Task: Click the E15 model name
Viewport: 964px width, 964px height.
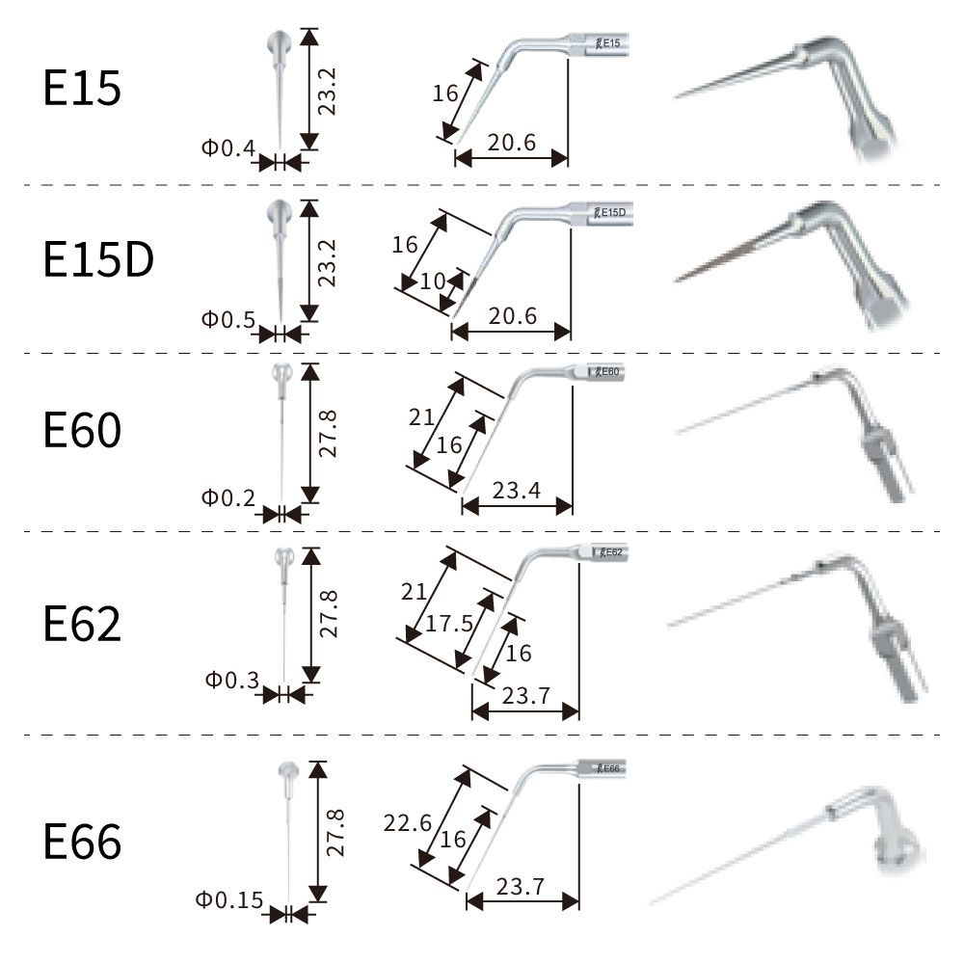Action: click(x=83, y=89)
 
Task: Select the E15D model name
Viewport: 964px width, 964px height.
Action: click(x=98, y=261)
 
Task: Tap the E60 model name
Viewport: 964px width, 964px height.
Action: click(x=83, y=431)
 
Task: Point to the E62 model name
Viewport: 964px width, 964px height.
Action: click(x=83, y=624)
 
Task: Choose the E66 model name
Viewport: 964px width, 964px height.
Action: click(x=83, y=842)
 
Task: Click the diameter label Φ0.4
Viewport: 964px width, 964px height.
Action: click(x=228, y=148)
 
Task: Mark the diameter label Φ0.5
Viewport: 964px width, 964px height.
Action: click(x=228, y=319)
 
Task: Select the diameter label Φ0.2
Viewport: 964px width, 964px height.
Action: click(x=228, y=497)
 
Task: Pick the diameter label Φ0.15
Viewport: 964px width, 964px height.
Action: click(x=228, y=900)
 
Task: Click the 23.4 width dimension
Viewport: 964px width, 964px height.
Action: click(x=516, y=491)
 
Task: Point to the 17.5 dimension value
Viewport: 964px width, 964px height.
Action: click(x=448, y=623)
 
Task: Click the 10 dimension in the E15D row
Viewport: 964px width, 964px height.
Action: click(x=432, y=281)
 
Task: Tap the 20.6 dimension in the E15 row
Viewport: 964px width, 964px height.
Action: click(x=511, y=144)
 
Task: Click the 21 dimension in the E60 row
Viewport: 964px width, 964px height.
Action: click(x=420, y=417)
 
